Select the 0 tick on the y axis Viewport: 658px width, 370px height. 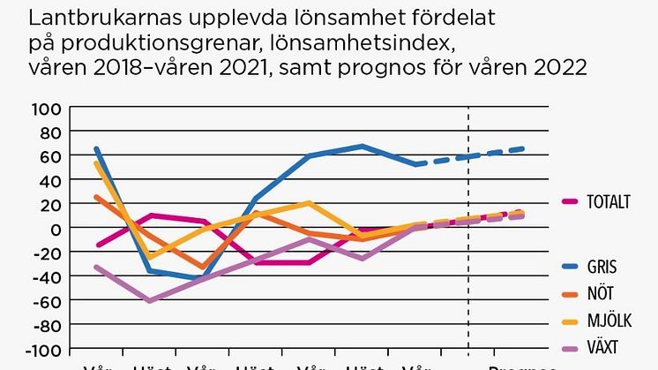point(56,228)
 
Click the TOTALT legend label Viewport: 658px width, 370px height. point(609,201)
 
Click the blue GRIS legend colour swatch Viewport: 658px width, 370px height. point(570,266)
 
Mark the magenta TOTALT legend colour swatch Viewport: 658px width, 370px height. point(570,201)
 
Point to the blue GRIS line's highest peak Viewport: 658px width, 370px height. point(363,146)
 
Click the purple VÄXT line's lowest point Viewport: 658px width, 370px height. point(150,301)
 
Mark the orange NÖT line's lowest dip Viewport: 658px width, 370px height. point(205,267)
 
